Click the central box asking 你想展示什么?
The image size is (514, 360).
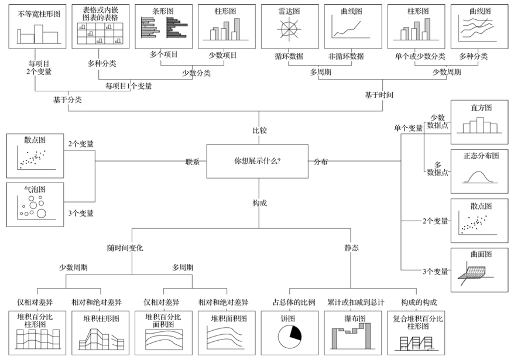258,161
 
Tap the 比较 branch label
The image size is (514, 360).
259,131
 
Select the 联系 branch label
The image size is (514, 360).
193,162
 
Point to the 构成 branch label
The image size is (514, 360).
259,203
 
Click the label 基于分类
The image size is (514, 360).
67,100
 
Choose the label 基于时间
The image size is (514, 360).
379,95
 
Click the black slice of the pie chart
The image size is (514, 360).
294,334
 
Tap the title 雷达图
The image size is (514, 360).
289,11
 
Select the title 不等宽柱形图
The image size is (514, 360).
39,14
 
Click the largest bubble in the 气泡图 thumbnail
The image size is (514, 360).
42,214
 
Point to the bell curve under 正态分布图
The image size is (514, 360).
480,177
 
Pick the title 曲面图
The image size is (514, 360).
481,254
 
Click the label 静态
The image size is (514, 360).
351,248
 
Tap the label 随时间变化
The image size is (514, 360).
125,248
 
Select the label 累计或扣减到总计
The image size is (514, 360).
356,302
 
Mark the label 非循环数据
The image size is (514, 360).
346,56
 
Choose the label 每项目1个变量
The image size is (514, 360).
129,86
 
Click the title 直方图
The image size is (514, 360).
481,108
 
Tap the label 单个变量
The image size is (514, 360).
408,128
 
